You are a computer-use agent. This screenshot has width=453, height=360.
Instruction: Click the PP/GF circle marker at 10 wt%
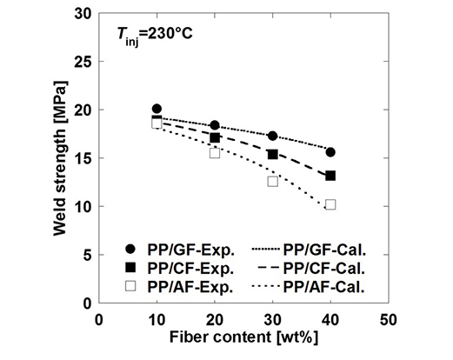(x=157, y=110)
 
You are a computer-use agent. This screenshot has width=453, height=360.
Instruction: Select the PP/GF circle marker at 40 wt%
(x=330, y=152)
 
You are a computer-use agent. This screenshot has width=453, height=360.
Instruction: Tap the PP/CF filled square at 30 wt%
(x=272, y=154)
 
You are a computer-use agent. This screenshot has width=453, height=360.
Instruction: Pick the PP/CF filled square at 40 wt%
(x=330, y=176)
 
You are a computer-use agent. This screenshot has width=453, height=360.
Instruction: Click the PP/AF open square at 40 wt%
(x=330, y=205)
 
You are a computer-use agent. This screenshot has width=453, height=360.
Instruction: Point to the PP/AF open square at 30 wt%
(x=272, y=182)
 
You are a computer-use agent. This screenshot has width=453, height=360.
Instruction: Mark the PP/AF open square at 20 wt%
(x=215, y=153)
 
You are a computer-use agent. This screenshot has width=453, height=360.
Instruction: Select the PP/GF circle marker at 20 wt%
(x=215, y=126)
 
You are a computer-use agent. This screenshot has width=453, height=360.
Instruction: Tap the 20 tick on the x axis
(x=215, y=318)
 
